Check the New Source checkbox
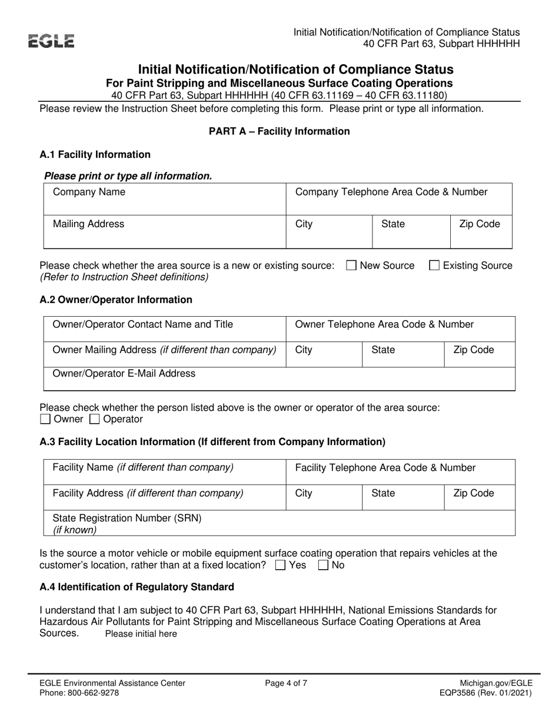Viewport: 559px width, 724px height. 351,265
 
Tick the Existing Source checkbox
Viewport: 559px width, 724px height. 434,265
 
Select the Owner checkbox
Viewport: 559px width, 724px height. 45,420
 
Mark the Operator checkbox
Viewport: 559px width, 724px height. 95,420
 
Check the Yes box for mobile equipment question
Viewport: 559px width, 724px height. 281,566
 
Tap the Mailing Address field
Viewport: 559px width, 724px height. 165,232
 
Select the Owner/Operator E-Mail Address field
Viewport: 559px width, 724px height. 279,379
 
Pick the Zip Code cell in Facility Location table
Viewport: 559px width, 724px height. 479,497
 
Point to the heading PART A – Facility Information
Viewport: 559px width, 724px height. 279,131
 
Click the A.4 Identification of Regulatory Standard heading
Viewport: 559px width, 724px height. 137,587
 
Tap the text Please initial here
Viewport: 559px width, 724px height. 141,634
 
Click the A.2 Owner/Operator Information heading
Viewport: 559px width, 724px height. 115,300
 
